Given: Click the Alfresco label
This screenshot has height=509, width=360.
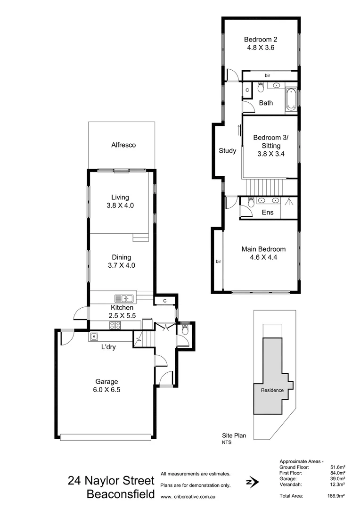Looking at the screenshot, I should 123,145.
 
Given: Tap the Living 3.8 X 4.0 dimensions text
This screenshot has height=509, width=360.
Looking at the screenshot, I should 120,206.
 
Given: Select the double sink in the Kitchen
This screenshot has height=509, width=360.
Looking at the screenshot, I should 124,298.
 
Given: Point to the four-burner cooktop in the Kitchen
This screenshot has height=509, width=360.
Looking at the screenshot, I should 115,325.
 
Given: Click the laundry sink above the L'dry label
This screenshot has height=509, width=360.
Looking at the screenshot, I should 94,337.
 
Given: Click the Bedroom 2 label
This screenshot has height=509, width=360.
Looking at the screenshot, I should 261,40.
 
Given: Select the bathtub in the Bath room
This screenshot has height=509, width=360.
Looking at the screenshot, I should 291,100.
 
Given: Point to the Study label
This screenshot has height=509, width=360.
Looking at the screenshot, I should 228,151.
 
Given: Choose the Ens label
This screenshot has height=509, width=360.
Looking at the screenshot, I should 267,213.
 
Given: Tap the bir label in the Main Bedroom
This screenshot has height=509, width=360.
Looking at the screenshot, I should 218,261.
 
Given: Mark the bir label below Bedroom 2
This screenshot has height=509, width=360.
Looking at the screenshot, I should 267,75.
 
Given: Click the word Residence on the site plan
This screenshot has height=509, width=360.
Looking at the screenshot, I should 272,390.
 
